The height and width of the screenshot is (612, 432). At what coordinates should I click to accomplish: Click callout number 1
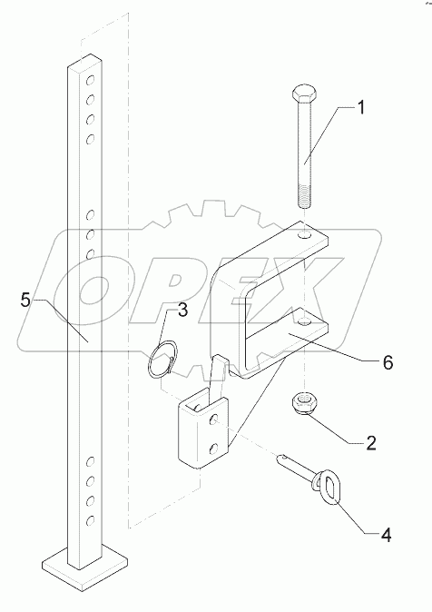tap(359, 109)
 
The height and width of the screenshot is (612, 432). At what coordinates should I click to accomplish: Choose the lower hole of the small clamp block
tap(214, 449)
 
